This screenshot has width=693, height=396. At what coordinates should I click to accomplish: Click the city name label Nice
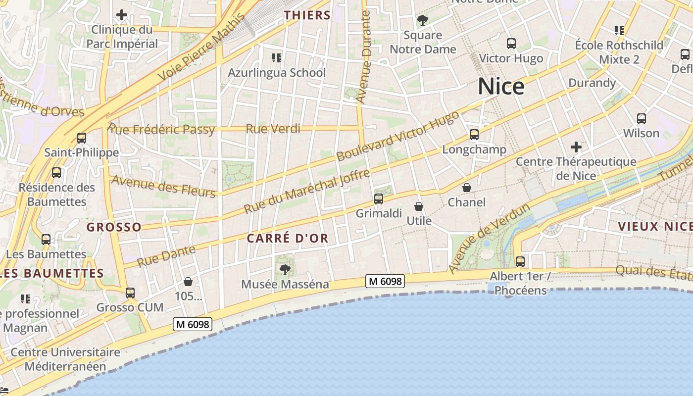(x=501, y=87)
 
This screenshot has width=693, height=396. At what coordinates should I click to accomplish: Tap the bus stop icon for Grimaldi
(x=379, y=199)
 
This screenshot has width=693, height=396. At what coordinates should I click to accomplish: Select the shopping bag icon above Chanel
(x=466, y=188)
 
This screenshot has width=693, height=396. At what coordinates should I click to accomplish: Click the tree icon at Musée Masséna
(x=285, y=269)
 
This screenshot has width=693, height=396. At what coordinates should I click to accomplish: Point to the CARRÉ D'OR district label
(x=288, y=238)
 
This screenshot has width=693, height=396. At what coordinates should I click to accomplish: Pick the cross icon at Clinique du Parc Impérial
(x=122, y=15)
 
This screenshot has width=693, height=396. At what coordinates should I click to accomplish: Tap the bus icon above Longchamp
(x=474, y=135)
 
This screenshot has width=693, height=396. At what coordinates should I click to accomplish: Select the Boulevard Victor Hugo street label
(x=398, y=136)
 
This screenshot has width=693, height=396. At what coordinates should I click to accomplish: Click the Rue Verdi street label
(x=273, y=129)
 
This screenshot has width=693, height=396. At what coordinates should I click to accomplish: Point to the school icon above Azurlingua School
(x=277, y=58)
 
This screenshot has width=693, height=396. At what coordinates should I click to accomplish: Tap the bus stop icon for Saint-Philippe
(x=82, y=138)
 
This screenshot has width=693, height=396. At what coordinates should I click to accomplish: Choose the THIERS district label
(x=307, y=15)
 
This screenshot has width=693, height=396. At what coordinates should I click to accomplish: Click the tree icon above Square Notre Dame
(x=422, y=20)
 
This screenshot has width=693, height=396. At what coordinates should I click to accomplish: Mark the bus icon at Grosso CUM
(x=130, y=293)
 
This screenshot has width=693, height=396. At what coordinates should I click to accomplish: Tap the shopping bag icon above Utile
(x=419, y=206)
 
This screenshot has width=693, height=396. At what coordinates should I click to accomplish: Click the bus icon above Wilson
(x=642, y=119)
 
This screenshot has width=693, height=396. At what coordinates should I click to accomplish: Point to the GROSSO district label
(x=114, y=227)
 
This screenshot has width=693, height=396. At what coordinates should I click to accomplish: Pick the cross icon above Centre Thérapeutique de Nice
(x=576, y=147)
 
